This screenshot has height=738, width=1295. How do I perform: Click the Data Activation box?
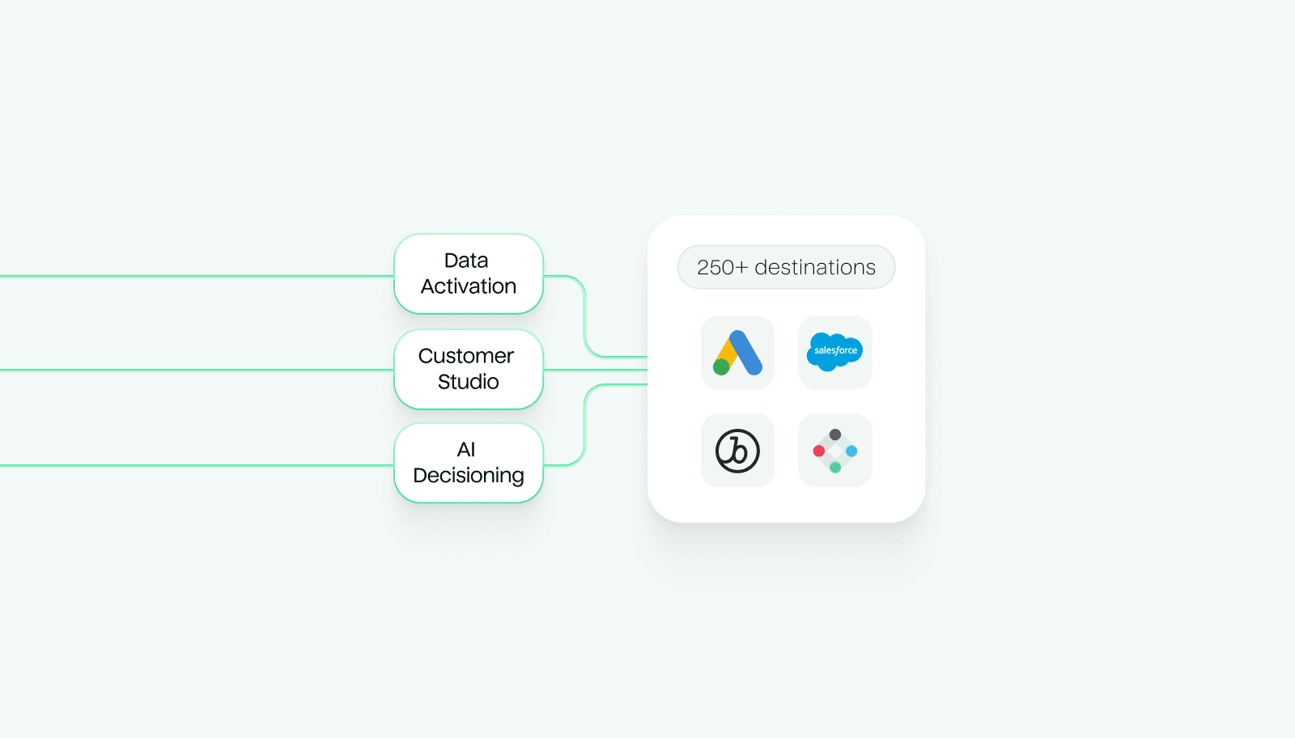468,274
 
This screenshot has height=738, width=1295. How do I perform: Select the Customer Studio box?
468,369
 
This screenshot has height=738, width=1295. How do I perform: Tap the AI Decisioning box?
468,463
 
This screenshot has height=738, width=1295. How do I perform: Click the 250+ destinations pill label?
786,267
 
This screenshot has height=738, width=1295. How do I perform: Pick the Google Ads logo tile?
737,353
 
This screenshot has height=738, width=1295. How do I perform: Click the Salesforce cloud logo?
834,351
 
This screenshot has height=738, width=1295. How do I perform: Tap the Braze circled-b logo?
737,451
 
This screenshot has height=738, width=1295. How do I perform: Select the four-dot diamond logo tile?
834,451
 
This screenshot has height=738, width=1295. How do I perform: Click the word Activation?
468,286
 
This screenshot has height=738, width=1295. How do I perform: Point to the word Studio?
468,382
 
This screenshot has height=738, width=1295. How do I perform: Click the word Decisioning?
468,476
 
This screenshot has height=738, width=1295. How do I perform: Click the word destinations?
815,268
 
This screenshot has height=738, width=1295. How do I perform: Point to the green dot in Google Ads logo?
721,367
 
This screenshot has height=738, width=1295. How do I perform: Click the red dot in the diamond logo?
819,451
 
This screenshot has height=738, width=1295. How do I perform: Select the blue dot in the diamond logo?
851,451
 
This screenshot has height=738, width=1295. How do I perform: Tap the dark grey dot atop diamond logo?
835,435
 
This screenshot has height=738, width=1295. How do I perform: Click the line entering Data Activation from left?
194,277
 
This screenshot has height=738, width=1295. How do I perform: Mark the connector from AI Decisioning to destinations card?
584,425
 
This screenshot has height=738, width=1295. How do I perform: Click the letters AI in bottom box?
466,450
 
